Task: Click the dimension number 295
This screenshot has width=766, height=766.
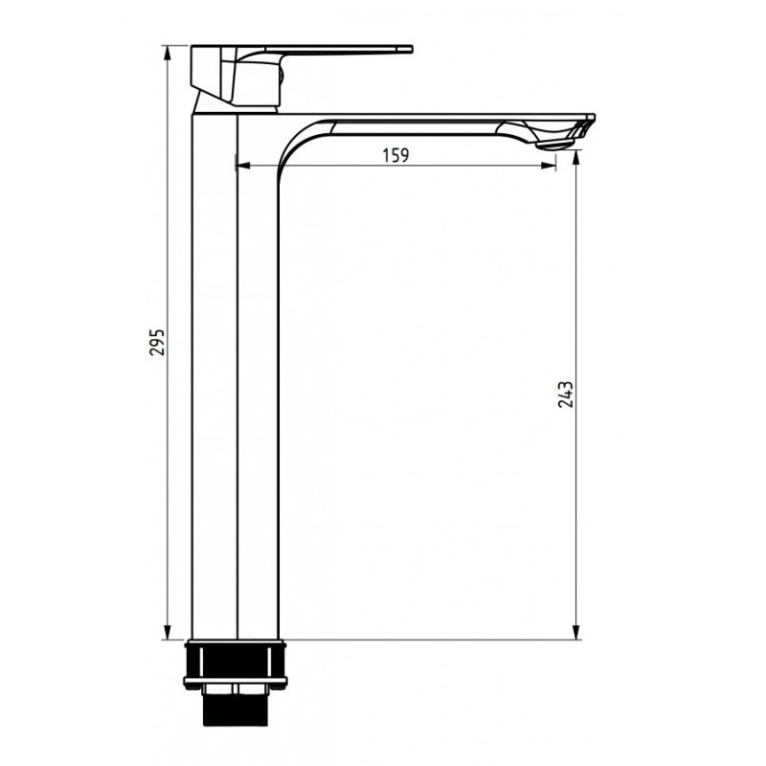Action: [x=157, y=342]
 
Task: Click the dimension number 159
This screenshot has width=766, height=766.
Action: [x=395, y=155]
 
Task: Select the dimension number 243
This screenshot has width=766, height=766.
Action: [x=565, y=394]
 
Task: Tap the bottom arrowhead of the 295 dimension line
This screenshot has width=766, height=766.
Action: [x=168, y=632]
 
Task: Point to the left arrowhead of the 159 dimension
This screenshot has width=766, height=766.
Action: [x=243, y=166]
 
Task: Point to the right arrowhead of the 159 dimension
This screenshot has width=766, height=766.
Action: [x=549, y=166]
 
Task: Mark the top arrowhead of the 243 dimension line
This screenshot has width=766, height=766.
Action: [x=576, y=158]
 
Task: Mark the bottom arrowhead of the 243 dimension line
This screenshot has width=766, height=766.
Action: [x=576, y=632]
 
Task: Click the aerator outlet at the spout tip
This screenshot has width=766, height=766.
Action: [x=555, y=144]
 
